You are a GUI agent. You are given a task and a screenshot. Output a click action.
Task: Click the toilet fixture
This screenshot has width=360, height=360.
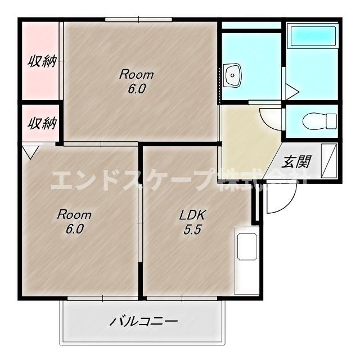coord(318,120)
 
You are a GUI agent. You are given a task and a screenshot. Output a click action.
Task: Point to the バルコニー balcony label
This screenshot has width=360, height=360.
coord(144,322)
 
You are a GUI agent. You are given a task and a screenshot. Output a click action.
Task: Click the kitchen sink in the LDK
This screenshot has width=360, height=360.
coord(247,247)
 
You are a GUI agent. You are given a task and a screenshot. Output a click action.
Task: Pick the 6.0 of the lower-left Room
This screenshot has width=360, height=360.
coord(74,229)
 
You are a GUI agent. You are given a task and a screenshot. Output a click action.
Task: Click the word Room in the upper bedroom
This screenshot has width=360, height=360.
coord(137,74)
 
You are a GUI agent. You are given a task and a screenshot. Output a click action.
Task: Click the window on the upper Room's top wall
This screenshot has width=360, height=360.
coord(138,20)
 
